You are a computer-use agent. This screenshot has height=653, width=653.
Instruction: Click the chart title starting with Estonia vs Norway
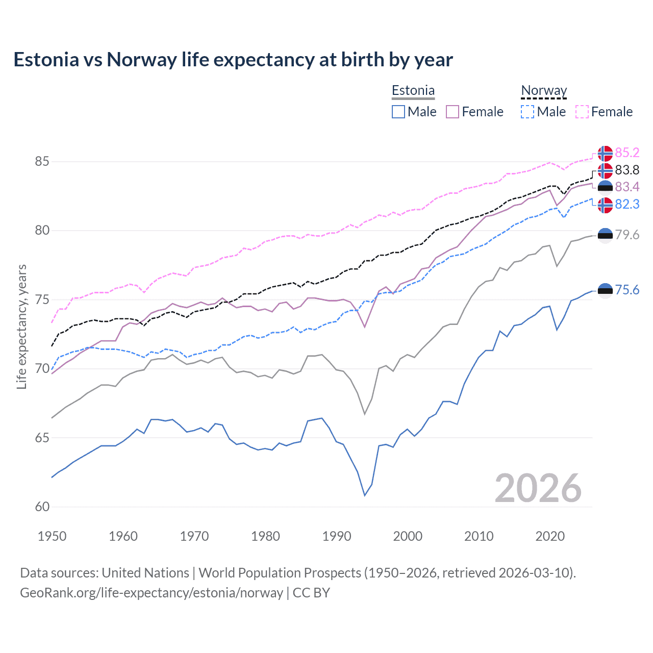point(233,60)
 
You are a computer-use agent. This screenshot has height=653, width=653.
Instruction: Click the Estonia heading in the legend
point(413,91)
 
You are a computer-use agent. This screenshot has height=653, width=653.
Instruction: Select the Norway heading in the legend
point(544,91)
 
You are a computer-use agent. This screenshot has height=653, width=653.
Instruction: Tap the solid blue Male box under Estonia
point(398,112)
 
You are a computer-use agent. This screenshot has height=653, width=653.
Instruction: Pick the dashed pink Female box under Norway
point(582,112)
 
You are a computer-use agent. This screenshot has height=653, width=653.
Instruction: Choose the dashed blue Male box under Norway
point(528,112)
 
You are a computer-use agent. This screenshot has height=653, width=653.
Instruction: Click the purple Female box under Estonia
point(453,112)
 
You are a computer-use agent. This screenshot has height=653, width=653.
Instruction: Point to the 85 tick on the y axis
point(42,162)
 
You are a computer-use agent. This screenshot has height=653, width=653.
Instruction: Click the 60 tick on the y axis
point(42,507)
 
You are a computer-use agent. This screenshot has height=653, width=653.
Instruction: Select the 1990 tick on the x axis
point(337,536)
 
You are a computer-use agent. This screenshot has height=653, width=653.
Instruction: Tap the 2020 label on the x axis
point(550,536)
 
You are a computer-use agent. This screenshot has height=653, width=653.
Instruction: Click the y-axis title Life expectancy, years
point(22,326)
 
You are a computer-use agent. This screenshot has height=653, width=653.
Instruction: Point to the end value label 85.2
point(627,153)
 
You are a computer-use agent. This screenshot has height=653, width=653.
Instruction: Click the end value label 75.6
point(627,290)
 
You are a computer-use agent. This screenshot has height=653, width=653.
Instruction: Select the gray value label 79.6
point(627,235)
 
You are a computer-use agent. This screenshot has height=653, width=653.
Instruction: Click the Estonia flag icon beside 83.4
point(605,187)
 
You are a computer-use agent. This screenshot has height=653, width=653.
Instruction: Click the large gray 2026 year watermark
point(538,488)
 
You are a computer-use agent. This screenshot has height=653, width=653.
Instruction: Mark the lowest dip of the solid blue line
point(365,495)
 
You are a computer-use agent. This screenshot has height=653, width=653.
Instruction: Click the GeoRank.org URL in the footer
point(152,593)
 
